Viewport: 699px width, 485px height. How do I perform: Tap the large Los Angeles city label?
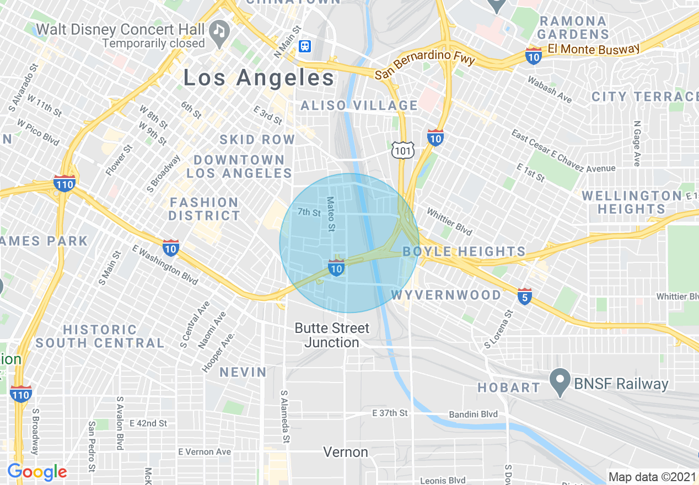coord(259,78)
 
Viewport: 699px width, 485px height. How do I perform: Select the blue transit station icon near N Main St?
coord(305,46)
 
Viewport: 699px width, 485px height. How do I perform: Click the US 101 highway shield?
coord(402,150)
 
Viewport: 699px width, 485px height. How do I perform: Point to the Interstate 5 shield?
coord(525,297)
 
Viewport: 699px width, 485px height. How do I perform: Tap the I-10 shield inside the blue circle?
coord(336,268)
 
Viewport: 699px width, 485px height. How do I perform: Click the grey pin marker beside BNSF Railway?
coord(561,384)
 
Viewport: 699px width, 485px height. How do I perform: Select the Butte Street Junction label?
coord(332,335)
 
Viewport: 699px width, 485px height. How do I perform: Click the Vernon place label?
coord(346,452)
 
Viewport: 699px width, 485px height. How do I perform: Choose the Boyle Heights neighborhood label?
coord(464,252)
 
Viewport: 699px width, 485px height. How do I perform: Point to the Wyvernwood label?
coord(447,295)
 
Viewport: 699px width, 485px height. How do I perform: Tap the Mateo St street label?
coord(331,214)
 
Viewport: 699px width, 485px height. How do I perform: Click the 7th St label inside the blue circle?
coord(309,212)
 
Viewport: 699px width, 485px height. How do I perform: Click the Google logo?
coord(37,472)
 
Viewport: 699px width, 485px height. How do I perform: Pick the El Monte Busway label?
coord(593,49)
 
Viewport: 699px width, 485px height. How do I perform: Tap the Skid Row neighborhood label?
coord(257,140)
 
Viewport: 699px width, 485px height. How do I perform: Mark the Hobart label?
coord(509,387)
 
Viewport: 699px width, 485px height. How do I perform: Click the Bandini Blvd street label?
coord(473,414)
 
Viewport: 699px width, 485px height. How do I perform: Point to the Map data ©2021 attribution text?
coord(652,477)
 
